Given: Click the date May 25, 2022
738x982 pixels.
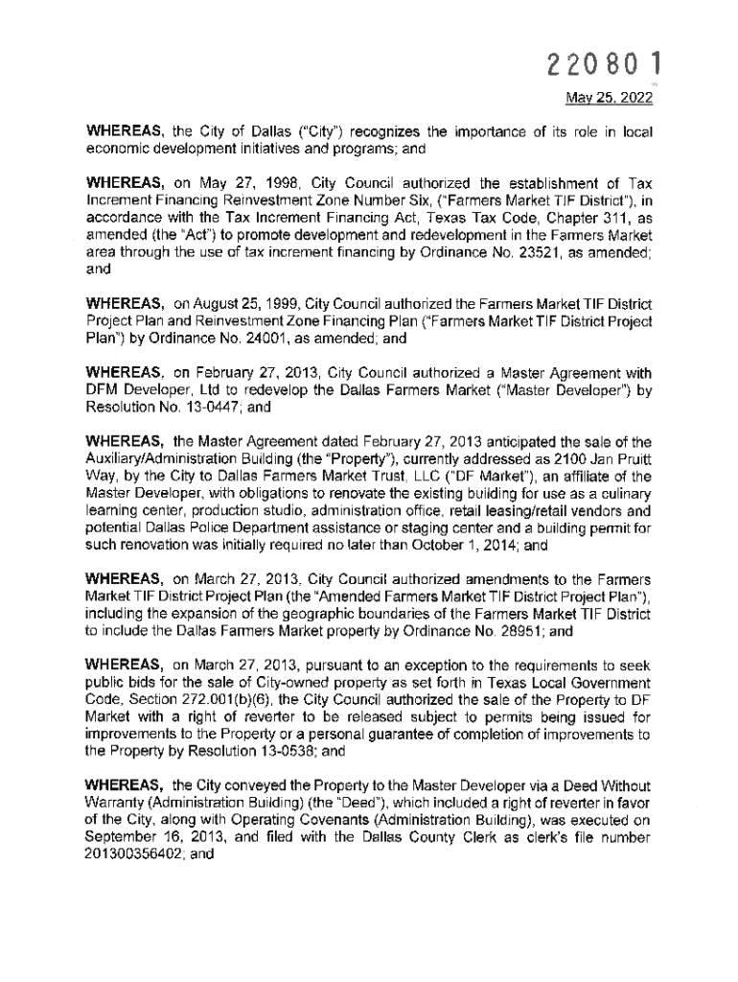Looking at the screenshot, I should (608, 98).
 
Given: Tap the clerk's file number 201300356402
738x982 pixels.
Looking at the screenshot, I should (134, 853).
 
